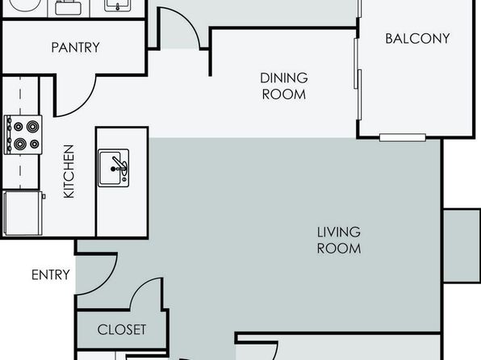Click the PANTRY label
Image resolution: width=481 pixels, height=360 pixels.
(76, 48)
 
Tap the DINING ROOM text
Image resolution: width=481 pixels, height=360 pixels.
(284, 86)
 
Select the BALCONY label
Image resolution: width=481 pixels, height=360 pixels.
(417, 39)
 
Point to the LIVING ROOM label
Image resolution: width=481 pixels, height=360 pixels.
(339, 241)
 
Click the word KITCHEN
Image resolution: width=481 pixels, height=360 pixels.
(69, 171)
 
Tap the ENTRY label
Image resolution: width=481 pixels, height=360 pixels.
(51, 274)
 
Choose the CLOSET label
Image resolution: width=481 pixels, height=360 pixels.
(122, 329)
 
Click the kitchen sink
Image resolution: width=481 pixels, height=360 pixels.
(113, 168)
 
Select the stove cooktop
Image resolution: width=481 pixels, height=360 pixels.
(23, 135)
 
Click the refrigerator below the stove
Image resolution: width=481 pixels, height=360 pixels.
(23, 213)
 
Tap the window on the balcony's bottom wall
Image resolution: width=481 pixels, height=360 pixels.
(403, 137)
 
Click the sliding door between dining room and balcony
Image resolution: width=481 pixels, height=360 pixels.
(358, 79)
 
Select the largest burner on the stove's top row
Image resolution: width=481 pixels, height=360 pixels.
(32, 127)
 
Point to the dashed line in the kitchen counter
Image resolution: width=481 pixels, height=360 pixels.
(20, 131)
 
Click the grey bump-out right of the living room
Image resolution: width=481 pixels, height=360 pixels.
(462, 245)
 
